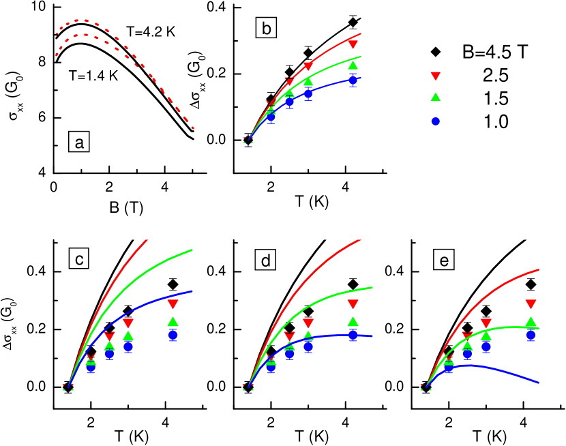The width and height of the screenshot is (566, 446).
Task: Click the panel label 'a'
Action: coord(79,142)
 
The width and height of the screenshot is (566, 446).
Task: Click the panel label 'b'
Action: coord(266,28)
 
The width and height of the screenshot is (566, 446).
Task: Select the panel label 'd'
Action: coord(265,260)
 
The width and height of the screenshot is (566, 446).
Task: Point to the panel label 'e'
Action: coord(444,260)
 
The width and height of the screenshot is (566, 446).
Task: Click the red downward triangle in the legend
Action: coord(436,76)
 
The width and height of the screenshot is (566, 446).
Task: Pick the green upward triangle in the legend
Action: coord(436,97)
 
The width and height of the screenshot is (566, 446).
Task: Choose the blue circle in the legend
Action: coord(436,121)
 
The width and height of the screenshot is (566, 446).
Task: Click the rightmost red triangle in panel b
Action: coord(353,44)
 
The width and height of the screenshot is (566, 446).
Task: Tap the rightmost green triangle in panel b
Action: coord(353,65)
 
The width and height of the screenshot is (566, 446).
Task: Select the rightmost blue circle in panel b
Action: coord(353,80)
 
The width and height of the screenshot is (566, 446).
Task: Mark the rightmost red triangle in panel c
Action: coord(173,304)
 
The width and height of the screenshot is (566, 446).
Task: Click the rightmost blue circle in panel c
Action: coord(173,334)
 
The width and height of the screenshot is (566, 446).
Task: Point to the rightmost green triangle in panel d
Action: coord(353,321)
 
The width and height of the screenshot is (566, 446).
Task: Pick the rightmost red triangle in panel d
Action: coord(353,304)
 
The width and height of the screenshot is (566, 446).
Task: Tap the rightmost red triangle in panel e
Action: coord(531,304)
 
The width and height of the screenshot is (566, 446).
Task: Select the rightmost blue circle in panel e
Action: coord(531,335)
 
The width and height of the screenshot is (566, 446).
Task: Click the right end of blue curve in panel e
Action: coord(539,383)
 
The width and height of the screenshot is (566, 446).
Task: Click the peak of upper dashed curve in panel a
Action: coord(80,20)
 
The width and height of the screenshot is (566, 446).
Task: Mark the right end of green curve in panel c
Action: coord(193,250)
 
